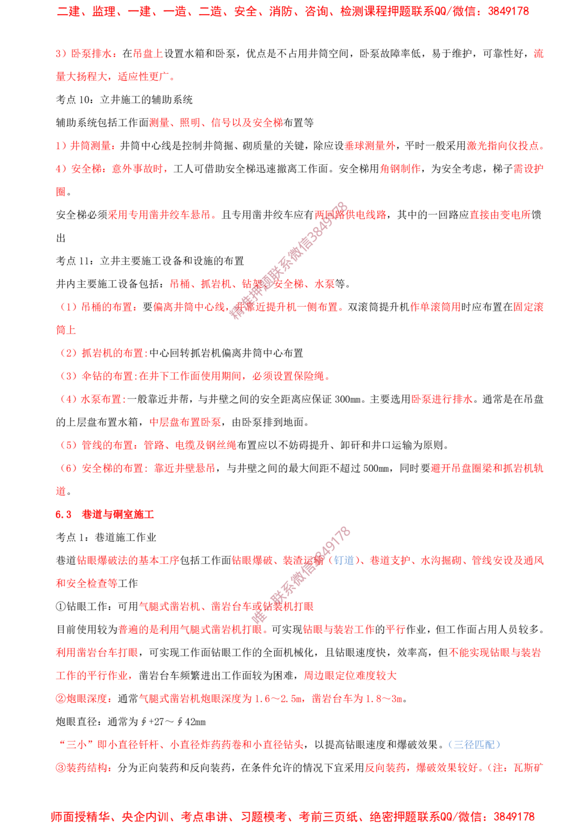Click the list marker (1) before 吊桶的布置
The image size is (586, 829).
click(69, 307)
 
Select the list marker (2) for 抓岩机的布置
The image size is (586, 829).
click(69, 354)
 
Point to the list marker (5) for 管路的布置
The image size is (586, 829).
click(69, 445)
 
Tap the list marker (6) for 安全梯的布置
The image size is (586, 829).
click(69, 468)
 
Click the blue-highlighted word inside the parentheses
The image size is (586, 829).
click(344, 560)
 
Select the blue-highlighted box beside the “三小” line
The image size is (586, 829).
click(474, 745)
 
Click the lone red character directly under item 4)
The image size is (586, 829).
click(60, 191)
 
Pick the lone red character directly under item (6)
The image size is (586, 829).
click(60, 491)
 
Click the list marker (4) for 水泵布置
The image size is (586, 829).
click(69, 399)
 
